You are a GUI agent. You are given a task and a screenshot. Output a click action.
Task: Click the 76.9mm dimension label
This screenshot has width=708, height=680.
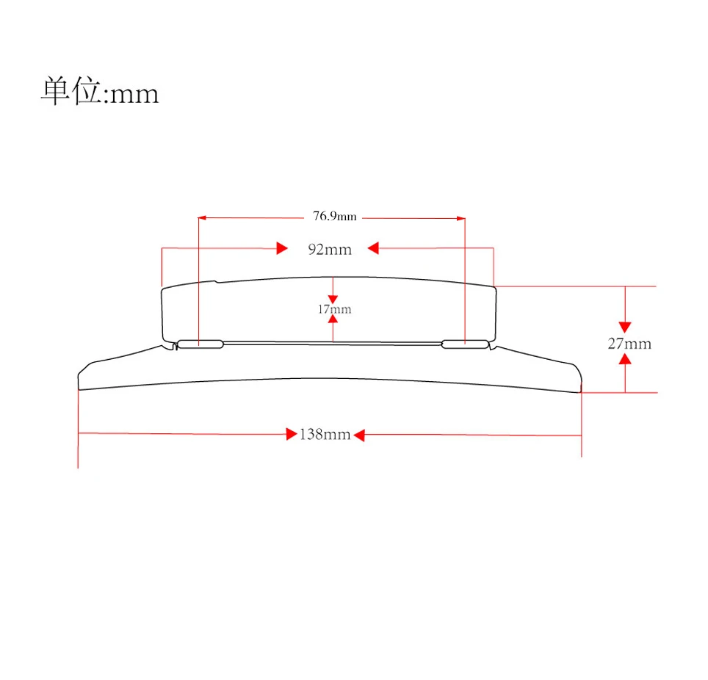pyautogui.click(x=335, y=217)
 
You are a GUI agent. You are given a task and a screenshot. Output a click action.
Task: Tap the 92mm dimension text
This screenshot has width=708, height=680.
pyautogui.click(x=330, y=249)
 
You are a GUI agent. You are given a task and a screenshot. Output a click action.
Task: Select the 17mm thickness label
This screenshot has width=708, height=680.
pyautogui.click(x=334, y=309)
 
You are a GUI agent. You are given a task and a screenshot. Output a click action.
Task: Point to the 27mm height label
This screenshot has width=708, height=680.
pyautogui.click(x=629, y=344)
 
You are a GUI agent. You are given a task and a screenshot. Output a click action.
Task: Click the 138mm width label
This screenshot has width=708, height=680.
pyautogui.click(x=325, y=435)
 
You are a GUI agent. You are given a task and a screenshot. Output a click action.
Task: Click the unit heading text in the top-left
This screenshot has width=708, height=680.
pyautogui.click(x=100, y=91)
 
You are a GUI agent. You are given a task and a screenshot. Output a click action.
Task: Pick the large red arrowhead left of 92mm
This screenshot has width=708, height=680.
pyautogui.click(x=282, y=248)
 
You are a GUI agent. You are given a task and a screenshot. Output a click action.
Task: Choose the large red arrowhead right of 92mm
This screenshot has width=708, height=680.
pyautogui.click(x=373, y=248)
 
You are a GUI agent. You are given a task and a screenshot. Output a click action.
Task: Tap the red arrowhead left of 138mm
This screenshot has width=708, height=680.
pyautogui.click(x=292, y=434)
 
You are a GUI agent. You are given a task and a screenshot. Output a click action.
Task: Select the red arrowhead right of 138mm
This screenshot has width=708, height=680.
pyautogui.click(x=359, y=435)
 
